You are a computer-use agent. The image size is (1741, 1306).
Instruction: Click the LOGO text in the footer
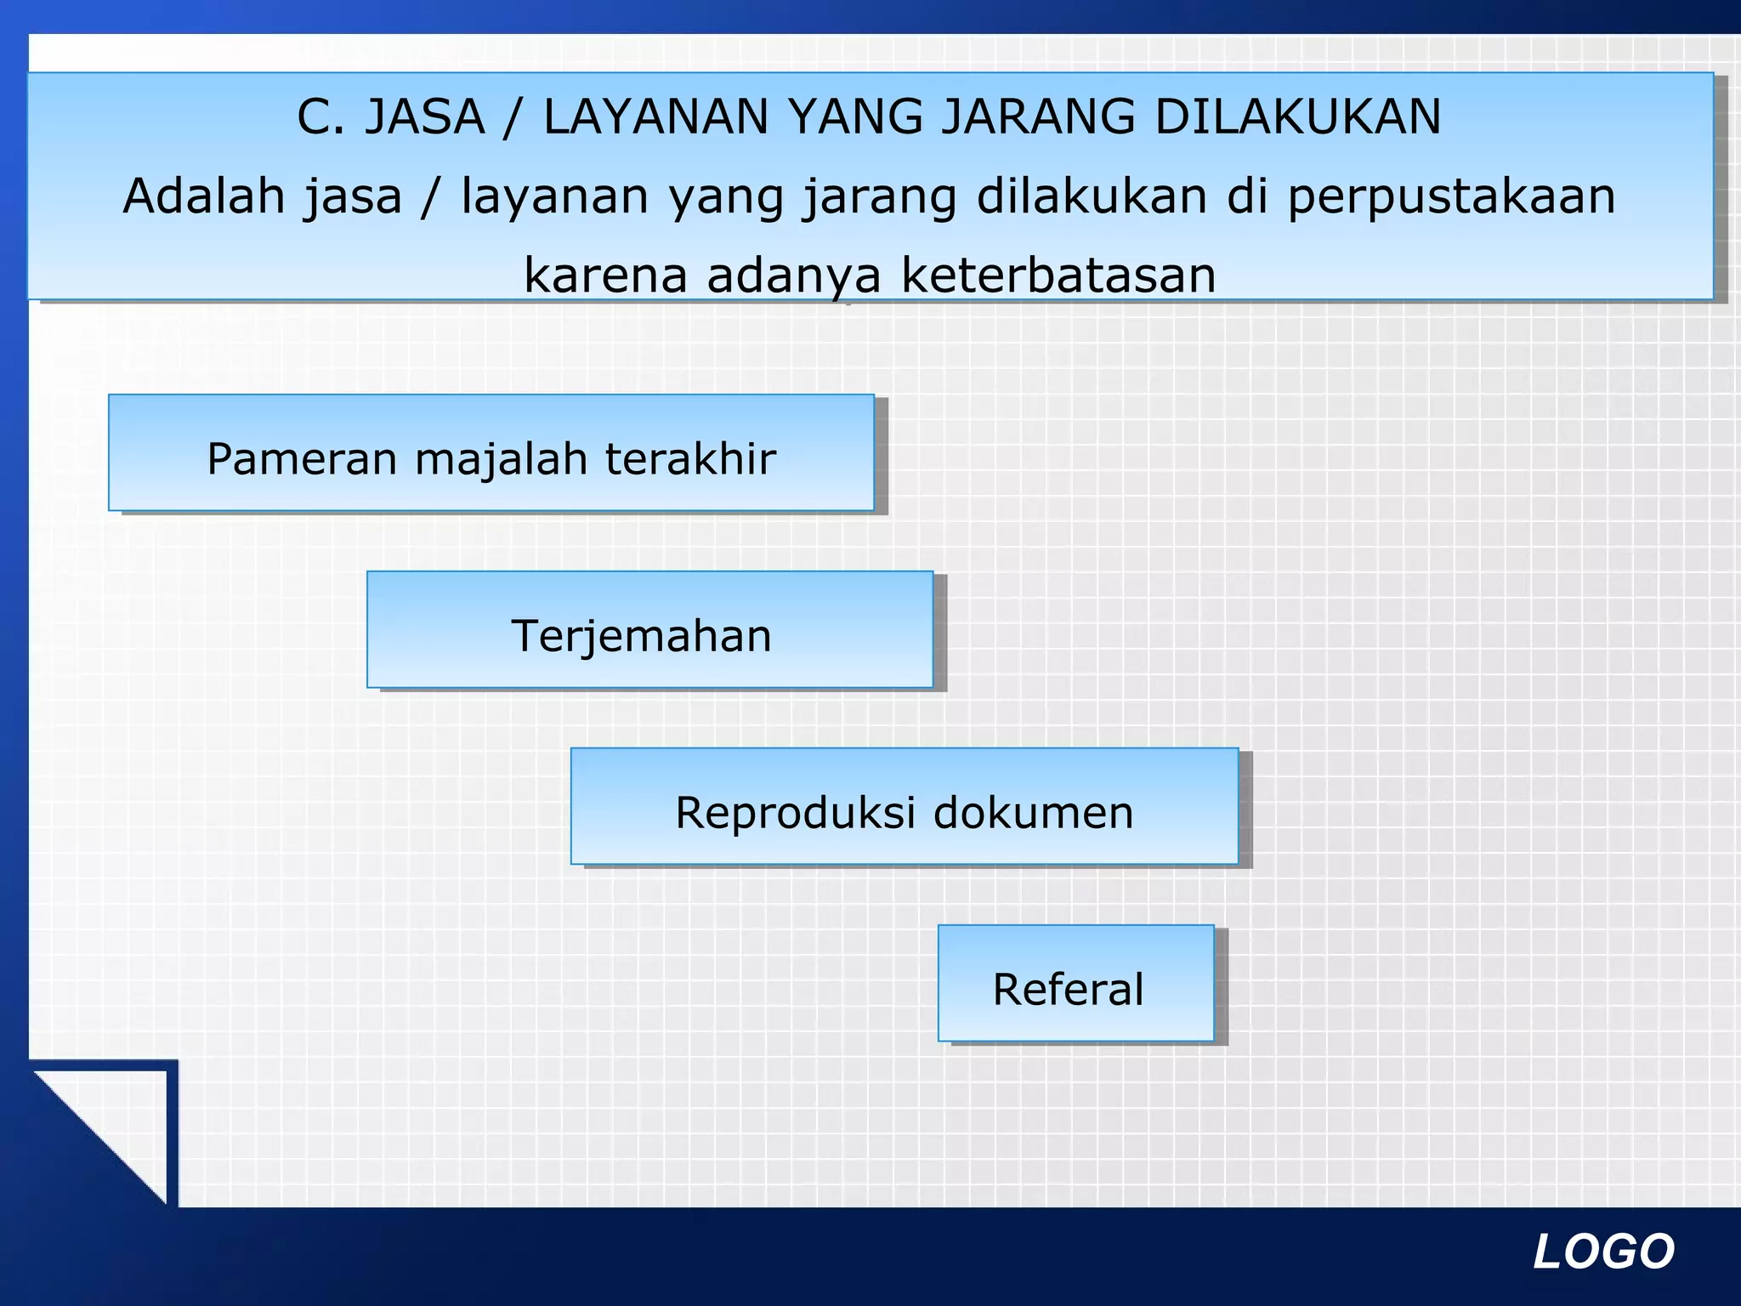pyautogui.click(x=1603, y=1252)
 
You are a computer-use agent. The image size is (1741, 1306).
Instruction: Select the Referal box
pyautogui.click(x=1075, y=983)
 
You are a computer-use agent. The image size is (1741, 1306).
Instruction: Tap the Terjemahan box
pyautogui.click(x=649, y=629)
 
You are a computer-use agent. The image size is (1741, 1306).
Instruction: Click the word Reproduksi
pyautogui.click(x=795, y=813)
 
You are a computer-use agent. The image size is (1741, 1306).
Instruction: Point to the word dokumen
pyautogui.click(x=1033, y=813)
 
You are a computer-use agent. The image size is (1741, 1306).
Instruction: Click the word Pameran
pyautogui.click(x=302, y=459)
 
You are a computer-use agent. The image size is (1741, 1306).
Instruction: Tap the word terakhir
pyautogui.click(x=690, y=459)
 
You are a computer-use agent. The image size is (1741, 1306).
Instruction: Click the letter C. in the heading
pyautogui.click(x=320, y=117)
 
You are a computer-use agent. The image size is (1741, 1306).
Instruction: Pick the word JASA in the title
pyautogui.click(x=424, y=117)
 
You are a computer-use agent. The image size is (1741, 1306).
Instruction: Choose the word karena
pyautogui.click(x=605, y=275)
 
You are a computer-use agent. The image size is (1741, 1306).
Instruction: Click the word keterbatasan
pyautogui.click(x=1058, y=275)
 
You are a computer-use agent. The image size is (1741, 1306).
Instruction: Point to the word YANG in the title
pyautogui.click(x=855, y=117)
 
